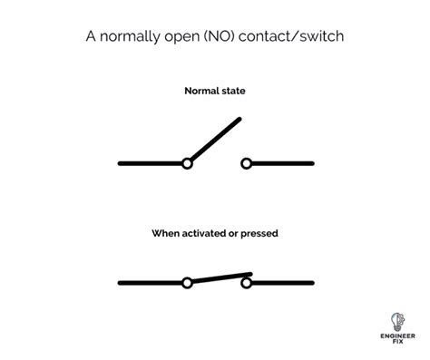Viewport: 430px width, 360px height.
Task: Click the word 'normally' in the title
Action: click(x=130, y=37)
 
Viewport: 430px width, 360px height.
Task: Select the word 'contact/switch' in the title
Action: click(x=291, y=36)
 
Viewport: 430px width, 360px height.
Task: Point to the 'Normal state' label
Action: click(x=215, y=91)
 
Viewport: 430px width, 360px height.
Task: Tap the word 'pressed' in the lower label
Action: click(x=259, y=234)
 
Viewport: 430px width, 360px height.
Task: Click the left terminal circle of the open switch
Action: click(x=187, y=163)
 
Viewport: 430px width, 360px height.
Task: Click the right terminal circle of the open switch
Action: click(x=247, y=163)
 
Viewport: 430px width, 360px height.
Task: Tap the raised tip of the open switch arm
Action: click(x=239, y=119)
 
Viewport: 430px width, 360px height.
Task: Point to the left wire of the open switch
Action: click(x=151, y=163)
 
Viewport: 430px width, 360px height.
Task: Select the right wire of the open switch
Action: click(x=283, y=163)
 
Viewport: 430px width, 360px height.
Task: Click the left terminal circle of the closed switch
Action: click(x=187, y=283)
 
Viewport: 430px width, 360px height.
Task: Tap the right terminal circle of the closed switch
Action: click(x=247, y=283)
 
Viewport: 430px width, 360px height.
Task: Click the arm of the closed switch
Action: click(x=221, y=278)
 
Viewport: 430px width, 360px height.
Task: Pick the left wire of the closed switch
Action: click(x=151, y=283)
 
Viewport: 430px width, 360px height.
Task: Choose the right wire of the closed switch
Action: click(x=283, y=283)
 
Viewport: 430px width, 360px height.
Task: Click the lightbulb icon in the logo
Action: click(x=397, y=322)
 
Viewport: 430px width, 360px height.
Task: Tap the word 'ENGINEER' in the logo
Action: click(x=397, y=336)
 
